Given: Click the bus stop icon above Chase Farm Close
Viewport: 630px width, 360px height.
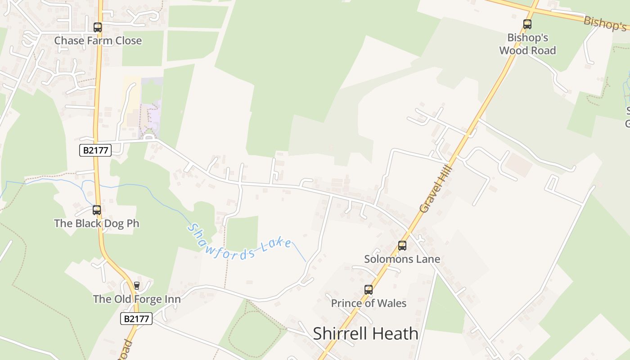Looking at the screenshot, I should coord(98,27).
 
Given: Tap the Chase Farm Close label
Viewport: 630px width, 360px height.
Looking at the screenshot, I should coord(98,40).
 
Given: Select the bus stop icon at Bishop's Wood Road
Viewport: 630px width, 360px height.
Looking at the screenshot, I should coord(527,24).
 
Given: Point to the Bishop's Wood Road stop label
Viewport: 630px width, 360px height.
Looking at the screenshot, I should coord(527,44).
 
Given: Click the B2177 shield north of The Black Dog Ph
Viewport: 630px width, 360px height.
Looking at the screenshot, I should coord(95,150).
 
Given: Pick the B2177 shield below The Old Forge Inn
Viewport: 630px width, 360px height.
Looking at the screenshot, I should coord(136,319).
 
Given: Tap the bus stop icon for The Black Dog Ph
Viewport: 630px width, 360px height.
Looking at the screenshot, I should coord(97,210).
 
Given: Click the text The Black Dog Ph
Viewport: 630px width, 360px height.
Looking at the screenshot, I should coord(97,223).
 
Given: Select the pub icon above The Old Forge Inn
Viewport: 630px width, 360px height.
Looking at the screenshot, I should coord(137,285).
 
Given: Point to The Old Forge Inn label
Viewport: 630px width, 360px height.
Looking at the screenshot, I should coord(137,299).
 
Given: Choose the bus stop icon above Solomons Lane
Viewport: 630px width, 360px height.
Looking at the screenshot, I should coord(402,246).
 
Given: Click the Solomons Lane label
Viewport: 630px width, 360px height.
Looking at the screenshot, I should coord(402,259).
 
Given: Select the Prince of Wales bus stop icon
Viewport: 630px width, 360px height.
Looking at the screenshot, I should coord(369,290).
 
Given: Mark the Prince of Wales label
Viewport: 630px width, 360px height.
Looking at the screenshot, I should coord(369,303).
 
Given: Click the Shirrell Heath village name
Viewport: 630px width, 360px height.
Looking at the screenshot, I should coord(365,333).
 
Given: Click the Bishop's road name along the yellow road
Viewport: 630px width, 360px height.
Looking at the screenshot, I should coord(605,23).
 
